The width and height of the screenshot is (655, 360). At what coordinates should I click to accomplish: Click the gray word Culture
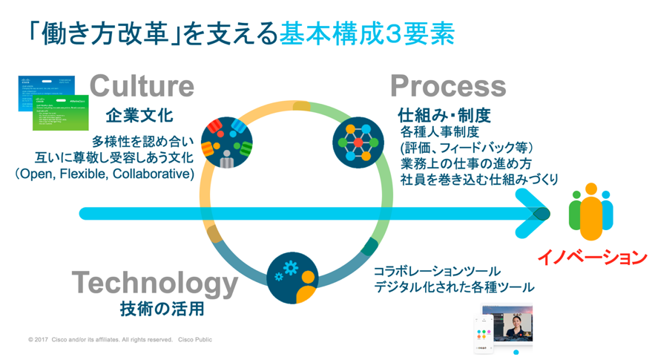point(142,86)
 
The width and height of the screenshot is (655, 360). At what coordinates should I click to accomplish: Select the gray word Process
point(448,86)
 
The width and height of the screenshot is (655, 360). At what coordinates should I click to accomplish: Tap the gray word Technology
point(154,283)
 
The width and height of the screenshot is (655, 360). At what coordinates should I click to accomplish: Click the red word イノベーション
point(592,258)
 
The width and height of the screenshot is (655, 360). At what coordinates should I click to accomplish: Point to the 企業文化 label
point(139,115)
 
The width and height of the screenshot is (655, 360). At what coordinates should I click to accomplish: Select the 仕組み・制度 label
point(444,117)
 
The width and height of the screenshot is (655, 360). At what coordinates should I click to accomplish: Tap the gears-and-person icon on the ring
point(292,278)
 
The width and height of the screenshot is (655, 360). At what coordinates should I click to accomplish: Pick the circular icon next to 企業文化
point(227,141)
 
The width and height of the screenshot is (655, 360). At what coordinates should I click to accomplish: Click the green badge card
point(61,111)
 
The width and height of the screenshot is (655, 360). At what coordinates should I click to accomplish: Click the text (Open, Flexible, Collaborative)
point(104,174)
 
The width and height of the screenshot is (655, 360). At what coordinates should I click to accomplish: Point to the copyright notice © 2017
point(119,340)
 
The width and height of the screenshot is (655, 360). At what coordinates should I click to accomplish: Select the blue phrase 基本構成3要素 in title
point(367,35)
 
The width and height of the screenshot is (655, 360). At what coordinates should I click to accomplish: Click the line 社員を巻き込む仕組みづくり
point(479,179)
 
